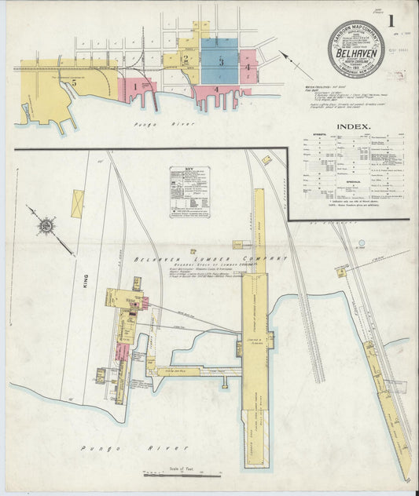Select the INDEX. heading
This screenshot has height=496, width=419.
coord(354,126)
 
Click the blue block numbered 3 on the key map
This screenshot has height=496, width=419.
coord(221,60)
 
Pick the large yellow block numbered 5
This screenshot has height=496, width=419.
coord(73,81)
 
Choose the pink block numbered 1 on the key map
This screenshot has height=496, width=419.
coord(134,86)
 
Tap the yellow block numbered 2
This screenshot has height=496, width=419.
coord(186,58)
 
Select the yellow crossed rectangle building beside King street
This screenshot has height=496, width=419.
coord(77,203)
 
